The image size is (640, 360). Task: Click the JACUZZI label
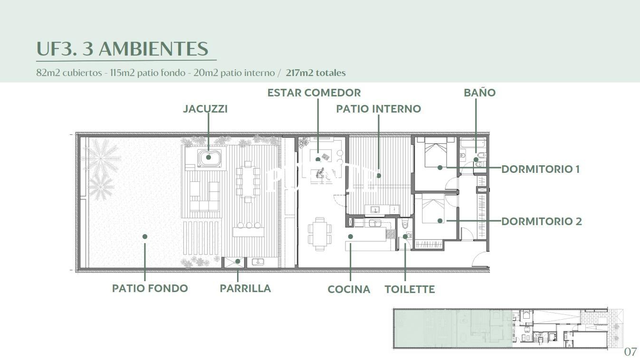tap(205, 109)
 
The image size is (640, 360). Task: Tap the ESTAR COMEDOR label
tap(314, 93)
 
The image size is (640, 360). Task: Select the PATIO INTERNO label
tap(379, 109)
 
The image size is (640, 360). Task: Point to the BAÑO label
tap(479, 92)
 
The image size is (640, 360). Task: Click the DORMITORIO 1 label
tap(541, 169)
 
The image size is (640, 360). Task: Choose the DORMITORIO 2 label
tap(542, 221)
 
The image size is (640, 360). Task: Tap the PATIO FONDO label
tap(150, 288)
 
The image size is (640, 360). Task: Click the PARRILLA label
tap(245, 288)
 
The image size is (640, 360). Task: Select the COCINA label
tap(349, 289)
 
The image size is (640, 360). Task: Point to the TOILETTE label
tap(410, 289)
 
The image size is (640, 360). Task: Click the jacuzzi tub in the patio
tap(210, 158)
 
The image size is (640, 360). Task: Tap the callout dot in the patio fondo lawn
tap(145, 237)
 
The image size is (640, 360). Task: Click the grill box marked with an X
tap(234, 262)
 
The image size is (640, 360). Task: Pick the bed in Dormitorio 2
tap(433, 209)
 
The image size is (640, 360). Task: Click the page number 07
tap(630, 352)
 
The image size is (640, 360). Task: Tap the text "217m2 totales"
tap(315, 73)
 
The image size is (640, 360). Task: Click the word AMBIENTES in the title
tap(153, 48)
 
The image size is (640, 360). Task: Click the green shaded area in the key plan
tap(453, 328)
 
